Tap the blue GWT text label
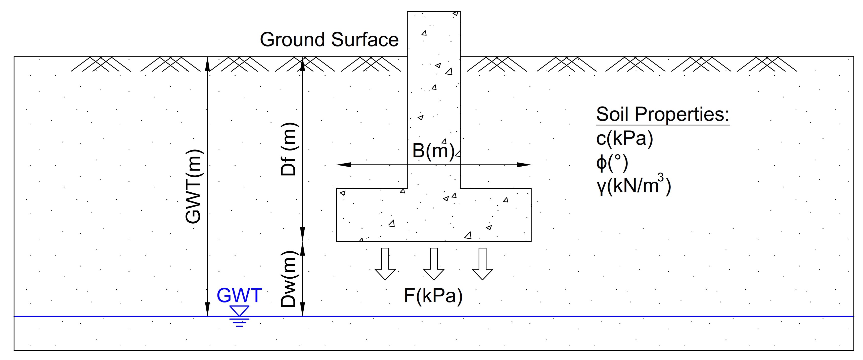pos(239,295)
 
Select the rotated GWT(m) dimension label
pos(193,186)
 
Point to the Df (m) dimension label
pos(288,149)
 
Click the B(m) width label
pos(433,151)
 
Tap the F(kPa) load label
pos(433,296)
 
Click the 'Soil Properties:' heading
pos(663,115)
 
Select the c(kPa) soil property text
pos(625,138)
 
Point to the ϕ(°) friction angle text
pos(612,163)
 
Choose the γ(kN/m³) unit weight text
pos(633,186)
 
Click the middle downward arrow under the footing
pos(434,264)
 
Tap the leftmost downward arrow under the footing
pos(385,264)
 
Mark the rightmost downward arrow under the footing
pos(482,264)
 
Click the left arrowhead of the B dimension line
pos(344,165)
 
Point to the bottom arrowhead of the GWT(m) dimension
pos(207,309)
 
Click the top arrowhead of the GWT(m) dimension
pos(207,64)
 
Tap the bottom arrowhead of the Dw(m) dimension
pos(302,309)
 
